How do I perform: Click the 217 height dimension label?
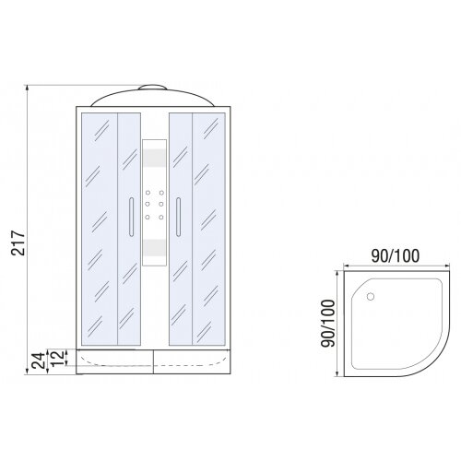click(18, 242)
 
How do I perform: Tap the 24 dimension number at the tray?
click(39, 361)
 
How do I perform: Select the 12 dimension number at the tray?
click(58, 358)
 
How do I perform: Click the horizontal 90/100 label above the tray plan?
click(396, 255)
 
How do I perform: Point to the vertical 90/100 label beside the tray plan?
click(327, 324)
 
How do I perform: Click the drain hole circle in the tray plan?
click(371, 297)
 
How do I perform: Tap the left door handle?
click(132, 217)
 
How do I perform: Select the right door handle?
click(178, 217)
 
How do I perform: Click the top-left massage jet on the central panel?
click(148, 193)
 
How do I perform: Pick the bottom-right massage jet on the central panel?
click(161, 218)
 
